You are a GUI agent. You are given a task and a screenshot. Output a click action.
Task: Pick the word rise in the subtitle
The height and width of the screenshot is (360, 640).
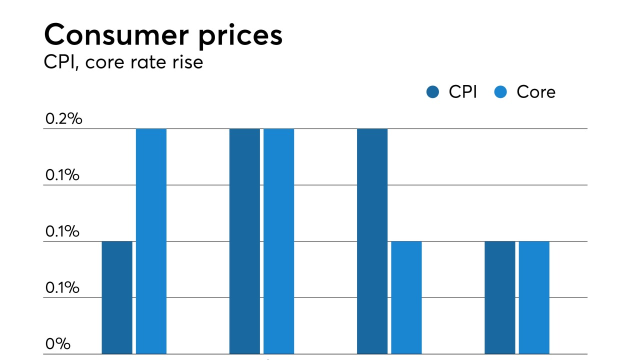tap(189, 62)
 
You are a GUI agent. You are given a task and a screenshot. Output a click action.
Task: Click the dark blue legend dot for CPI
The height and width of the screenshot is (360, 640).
tap(432, 92)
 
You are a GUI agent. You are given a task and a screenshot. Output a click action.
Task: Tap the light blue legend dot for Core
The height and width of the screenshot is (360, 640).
tap(500, 92)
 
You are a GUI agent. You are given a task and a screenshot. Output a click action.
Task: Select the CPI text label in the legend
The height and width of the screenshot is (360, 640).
tap(462, 92)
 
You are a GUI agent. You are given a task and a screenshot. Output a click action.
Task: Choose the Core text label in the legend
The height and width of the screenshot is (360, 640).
tap(536, 92)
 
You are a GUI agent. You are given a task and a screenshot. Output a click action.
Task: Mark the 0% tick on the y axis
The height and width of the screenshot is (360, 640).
tap(57, 344)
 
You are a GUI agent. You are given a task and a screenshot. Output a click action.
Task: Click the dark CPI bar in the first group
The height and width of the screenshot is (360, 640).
tap(117, 297)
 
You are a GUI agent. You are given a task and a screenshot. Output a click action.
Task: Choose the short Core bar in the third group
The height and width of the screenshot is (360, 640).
tap(406, 297)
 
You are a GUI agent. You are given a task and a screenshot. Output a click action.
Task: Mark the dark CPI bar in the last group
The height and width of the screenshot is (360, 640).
tap(499, 297)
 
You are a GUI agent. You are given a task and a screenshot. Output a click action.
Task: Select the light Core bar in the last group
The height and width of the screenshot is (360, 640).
tap(534, 297)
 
